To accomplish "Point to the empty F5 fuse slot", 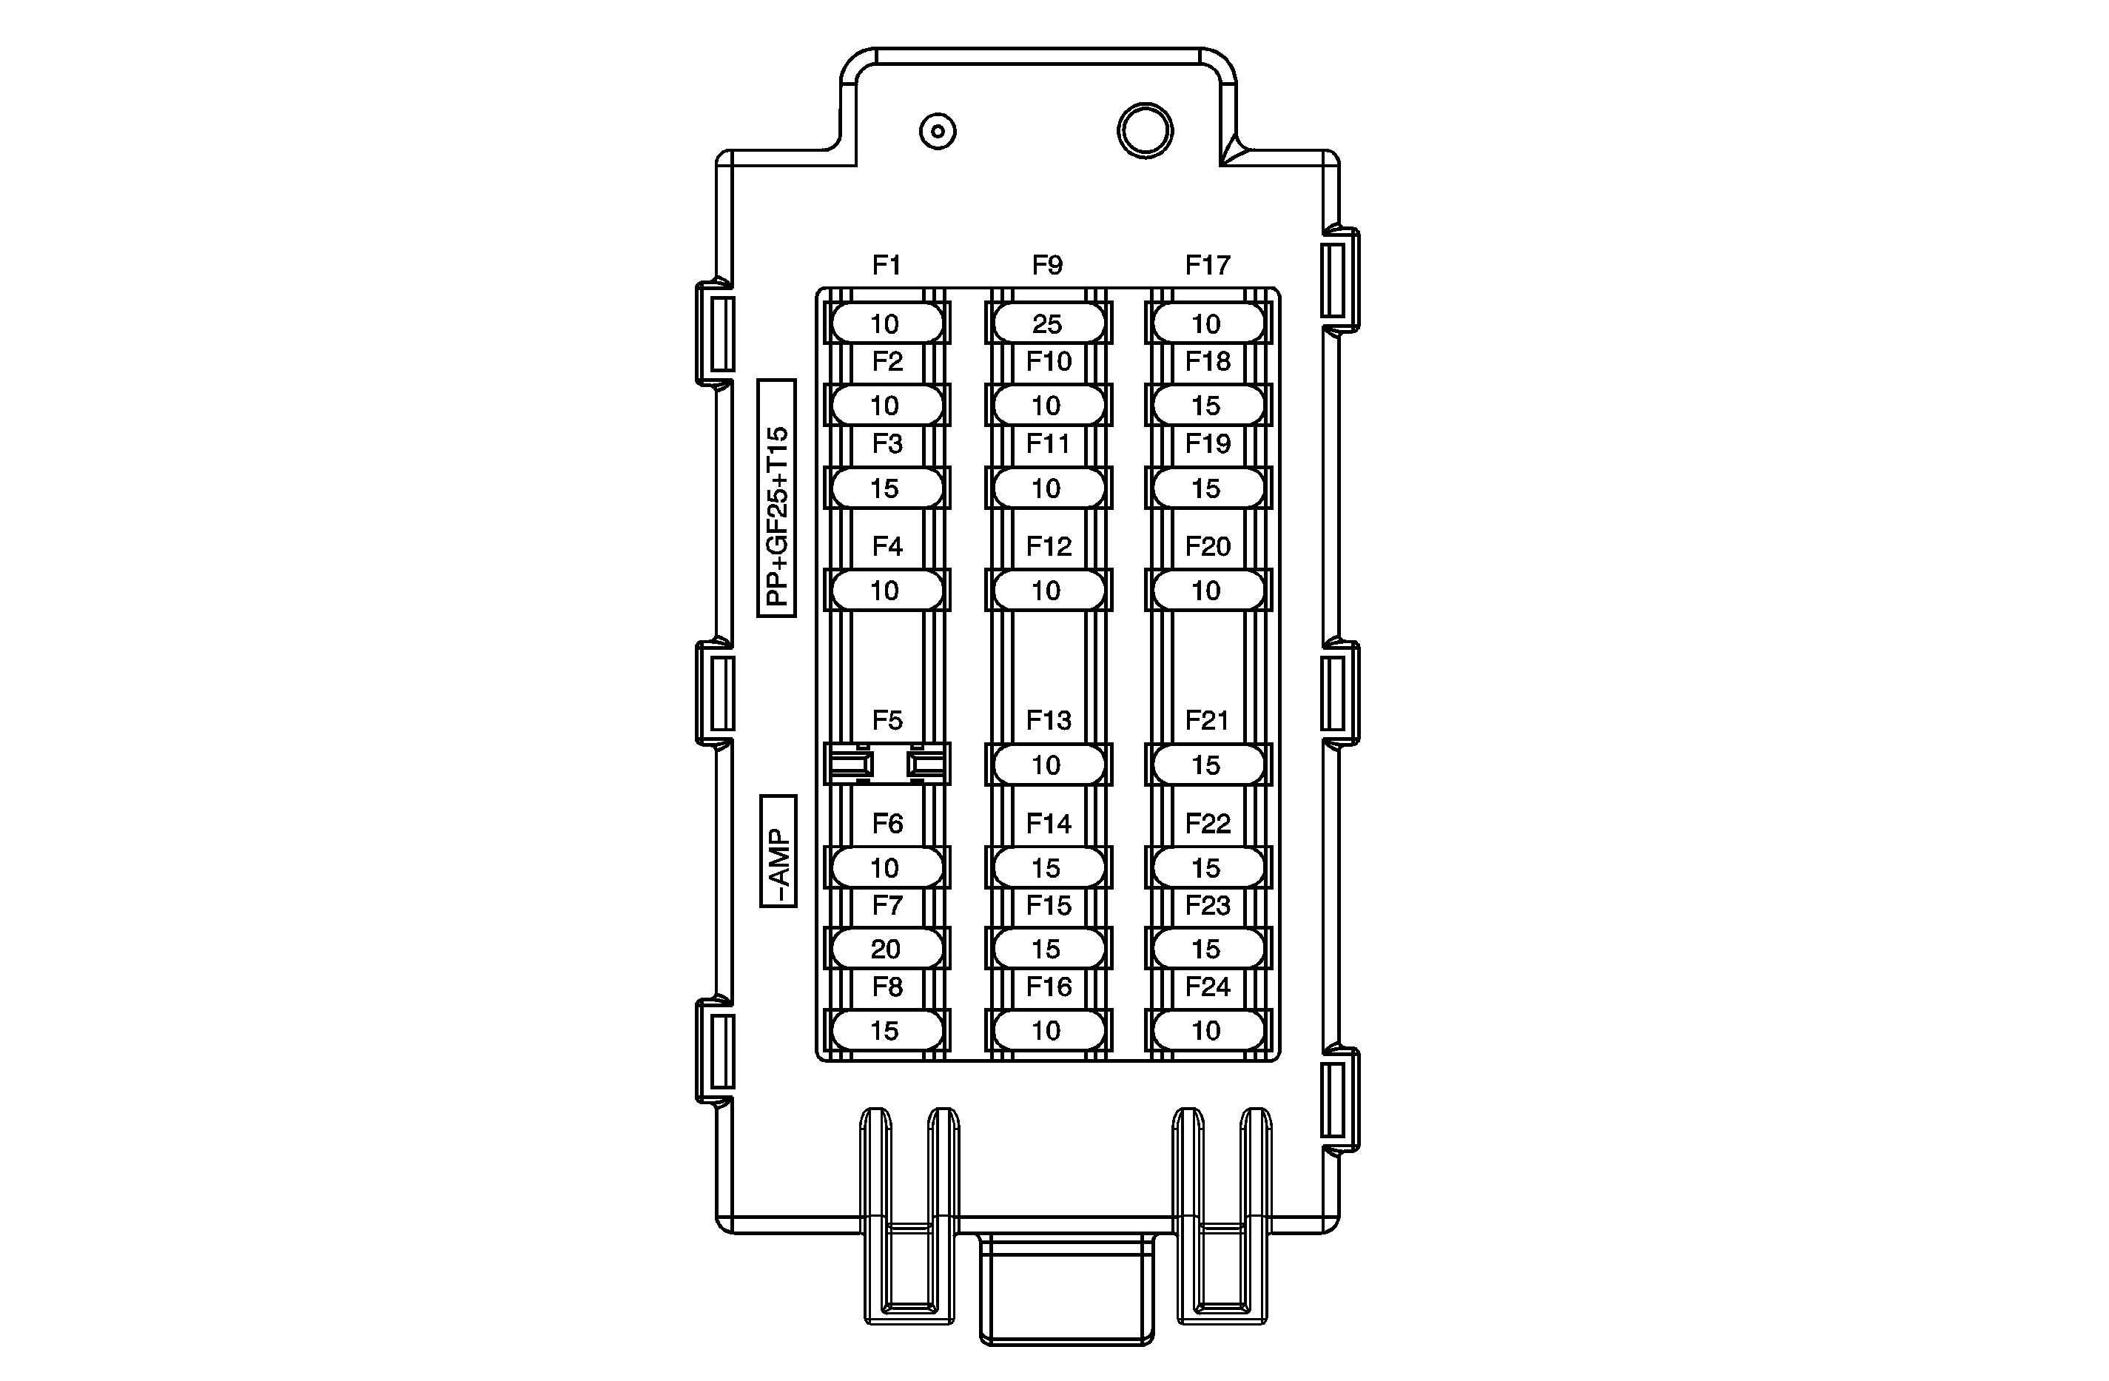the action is coord(887,764).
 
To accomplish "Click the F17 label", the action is coord(1208,265).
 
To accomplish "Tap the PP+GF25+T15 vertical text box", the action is coord(777,498).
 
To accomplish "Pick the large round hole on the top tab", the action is coord(1145,130).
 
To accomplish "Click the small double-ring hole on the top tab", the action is coord(938,132).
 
